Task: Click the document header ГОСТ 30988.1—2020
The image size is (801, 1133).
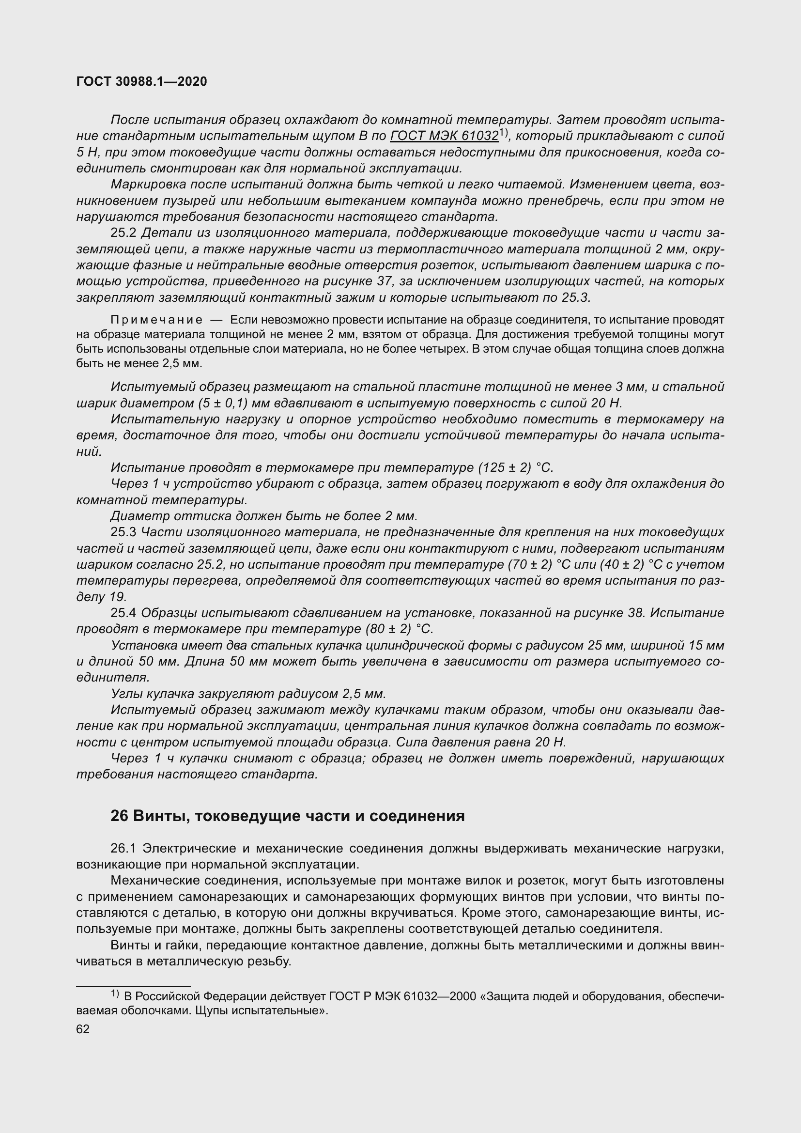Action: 141,82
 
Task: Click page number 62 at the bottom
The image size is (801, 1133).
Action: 83,1029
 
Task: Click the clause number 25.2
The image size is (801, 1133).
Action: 124,233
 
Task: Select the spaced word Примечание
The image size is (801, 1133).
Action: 156,320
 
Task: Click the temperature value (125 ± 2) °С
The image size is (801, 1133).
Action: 515,468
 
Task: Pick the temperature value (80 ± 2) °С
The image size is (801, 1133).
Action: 399,630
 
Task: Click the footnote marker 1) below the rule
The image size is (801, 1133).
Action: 115,993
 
